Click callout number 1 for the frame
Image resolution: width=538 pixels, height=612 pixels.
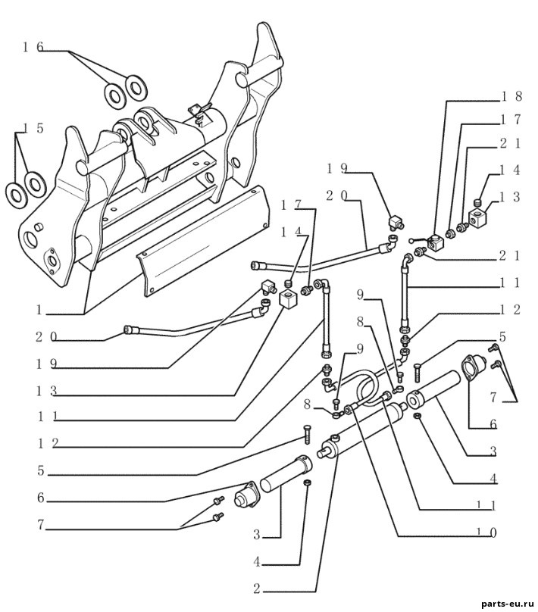39,311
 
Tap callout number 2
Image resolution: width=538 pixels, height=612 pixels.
257,589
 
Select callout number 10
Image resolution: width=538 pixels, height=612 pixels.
486,532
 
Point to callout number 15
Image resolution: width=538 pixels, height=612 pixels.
33,129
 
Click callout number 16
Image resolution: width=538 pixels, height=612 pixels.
33,47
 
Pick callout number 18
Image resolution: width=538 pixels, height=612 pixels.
511,96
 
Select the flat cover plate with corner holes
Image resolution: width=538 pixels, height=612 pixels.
202,241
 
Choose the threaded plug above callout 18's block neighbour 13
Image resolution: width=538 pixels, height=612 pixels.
479,202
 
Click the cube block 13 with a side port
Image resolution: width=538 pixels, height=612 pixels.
478,219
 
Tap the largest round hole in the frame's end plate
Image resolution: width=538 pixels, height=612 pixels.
30,237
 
